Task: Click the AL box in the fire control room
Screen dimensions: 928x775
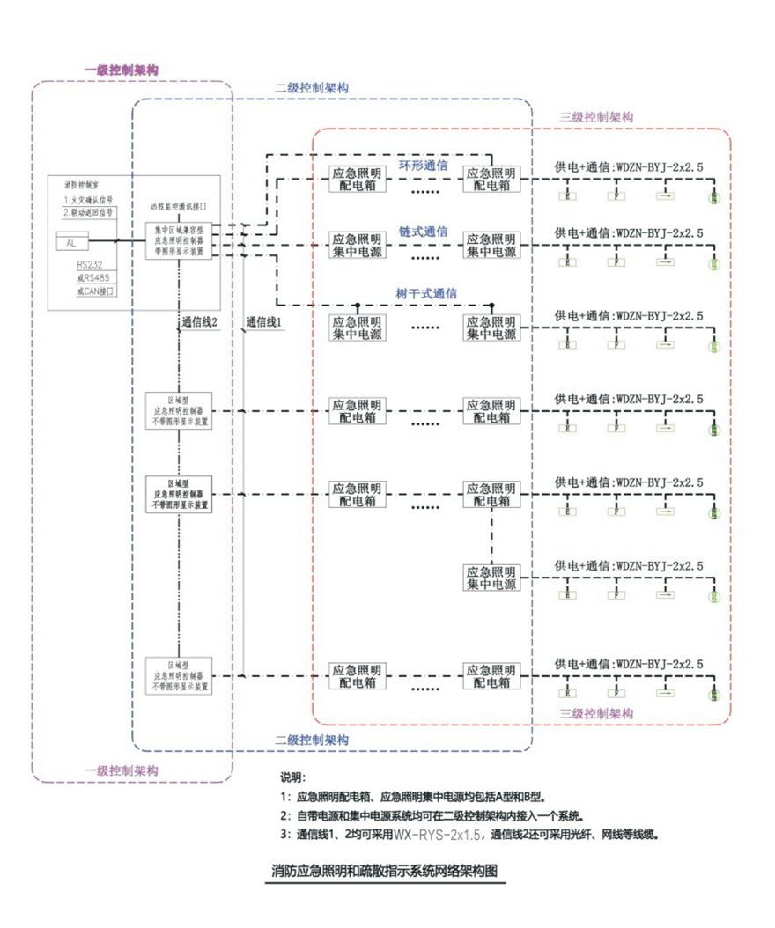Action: (72, 241)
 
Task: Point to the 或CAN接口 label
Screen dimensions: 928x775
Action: (95, 290)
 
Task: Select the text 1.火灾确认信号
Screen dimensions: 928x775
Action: (88, 200)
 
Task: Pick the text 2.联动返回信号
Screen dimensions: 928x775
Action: (88, 212)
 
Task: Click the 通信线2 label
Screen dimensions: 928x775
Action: (199, 323)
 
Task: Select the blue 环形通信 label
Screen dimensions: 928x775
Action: (424, 166)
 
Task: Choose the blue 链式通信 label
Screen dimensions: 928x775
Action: (424, 231)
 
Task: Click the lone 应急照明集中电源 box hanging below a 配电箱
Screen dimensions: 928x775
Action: (491, 578)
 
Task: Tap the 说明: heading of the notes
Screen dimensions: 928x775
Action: (292, 778)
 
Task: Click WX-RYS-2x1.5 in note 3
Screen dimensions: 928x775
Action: (432, 833)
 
